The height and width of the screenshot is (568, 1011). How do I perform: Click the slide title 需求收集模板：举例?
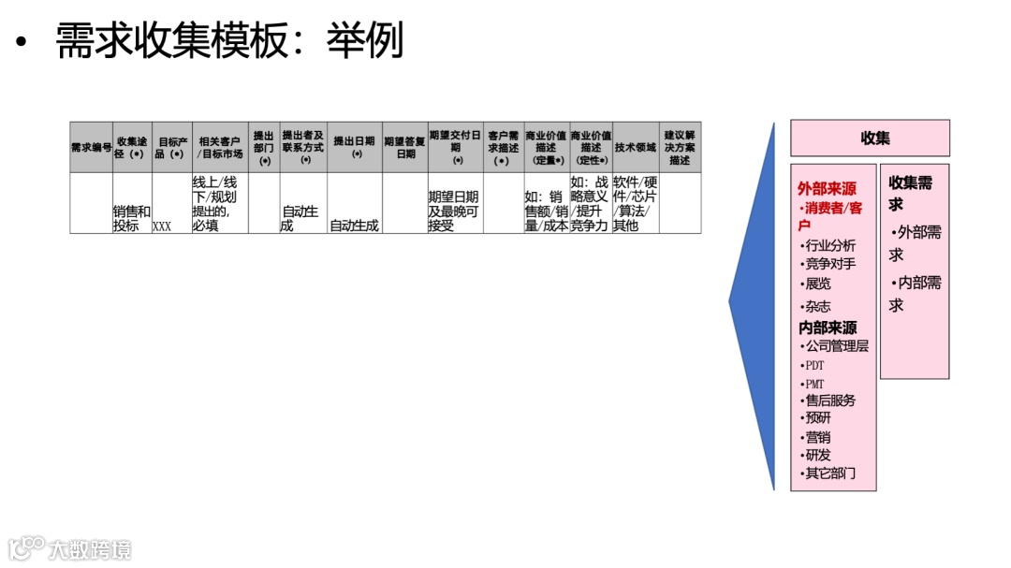point(229,41)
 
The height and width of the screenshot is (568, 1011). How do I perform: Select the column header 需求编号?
point(91,148)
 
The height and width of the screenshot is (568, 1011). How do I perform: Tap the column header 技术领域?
point(636,148)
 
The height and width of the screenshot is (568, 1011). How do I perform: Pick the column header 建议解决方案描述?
point(680,148)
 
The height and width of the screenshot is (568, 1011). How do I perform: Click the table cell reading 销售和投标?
point(131,219)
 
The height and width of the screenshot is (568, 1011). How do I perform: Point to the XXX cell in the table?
point(162,226)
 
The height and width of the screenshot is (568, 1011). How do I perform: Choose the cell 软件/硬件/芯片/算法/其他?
point(636,204)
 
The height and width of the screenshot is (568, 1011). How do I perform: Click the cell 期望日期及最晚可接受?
point(454,211)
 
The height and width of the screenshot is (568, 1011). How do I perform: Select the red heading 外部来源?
point(827,189)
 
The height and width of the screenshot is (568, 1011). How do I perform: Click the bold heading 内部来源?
point(828,328)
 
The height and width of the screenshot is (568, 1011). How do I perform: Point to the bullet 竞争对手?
point(829,265)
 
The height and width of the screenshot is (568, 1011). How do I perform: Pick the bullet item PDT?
point(814,366)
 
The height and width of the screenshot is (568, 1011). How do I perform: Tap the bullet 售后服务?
point(829,401)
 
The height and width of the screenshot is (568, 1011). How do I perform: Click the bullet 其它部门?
point(829,473)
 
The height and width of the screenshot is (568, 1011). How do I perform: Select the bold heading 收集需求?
point(910,193)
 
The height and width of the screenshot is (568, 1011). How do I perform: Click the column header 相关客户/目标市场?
point(221,148)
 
